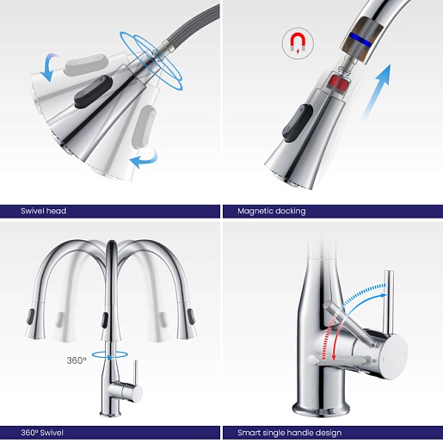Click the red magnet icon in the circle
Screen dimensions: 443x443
[298, 42]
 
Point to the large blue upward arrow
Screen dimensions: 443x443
[376, 92]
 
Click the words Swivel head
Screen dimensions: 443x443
[44, 211]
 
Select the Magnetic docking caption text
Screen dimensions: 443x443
[272, 212]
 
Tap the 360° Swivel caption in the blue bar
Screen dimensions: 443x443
[42, 433]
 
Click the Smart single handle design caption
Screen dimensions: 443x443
[289, 433]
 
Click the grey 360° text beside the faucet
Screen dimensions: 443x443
[77, 360]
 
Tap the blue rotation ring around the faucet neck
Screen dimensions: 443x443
[110, 355]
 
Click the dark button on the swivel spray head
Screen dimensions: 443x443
[93, 92]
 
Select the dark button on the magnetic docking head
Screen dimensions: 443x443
[298, 122]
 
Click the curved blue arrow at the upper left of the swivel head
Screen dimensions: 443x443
[49, 67]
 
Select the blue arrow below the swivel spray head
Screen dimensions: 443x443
[145, 158]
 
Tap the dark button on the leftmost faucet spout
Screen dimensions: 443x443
[30, 317]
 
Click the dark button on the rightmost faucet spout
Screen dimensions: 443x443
[191, 317]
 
